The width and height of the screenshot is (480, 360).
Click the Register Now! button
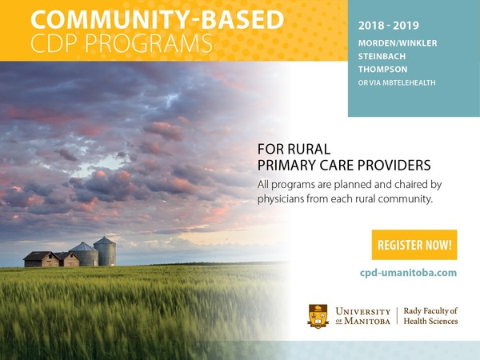coord(414,245)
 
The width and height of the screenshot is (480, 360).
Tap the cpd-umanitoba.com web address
coord(408,273)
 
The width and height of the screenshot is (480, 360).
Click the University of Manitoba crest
coord(318,316)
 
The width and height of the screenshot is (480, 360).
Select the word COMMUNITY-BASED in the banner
coord(158,20)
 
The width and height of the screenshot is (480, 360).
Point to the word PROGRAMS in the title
coord(149,43)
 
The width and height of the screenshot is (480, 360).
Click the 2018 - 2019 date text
coord(389,26)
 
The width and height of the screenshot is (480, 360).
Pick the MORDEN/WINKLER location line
coord(398,43)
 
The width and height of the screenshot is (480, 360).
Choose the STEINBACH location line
coord(382,56)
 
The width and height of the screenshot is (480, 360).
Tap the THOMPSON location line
coord(382,69)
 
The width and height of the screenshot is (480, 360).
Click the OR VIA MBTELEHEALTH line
coord(397,82)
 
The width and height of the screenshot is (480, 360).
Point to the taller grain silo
coord(105,251)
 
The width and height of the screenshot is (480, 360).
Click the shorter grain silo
coord(84,254)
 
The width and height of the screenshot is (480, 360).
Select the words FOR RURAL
coord(294,150)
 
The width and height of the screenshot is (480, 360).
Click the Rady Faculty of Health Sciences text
coord(430,316)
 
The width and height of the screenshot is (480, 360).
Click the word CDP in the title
coord(55,43)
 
